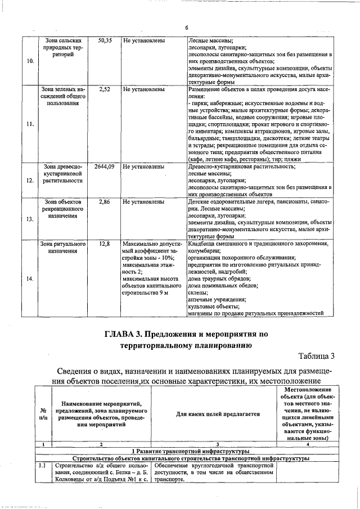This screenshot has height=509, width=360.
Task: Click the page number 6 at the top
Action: click(x=186, y=28)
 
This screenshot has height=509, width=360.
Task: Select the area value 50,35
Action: click(x=105, y=41)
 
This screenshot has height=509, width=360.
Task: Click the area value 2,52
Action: click(x=105, y=89)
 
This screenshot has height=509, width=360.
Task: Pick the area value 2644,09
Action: click(x=105, y=167)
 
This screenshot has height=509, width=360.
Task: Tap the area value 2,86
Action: click(x=105, y=201)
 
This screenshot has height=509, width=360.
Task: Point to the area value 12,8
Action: click(x=105, y=244)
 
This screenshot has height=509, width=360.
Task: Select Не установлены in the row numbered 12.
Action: click(x=143, y=167)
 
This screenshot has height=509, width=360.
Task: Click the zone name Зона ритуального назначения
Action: click(x=62, y=248)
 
